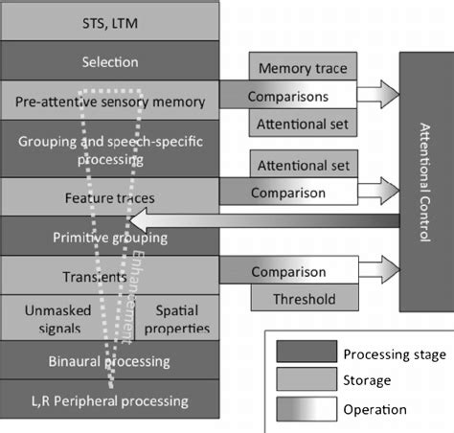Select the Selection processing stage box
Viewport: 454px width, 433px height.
pos(111,62)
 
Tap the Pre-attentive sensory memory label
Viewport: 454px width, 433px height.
pos(111,101)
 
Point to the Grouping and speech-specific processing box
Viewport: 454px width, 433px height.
pos(111,149)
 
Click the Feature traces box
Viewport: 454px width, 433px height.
pos(111,197)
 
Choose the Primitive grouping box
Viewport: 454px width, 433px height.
pos(111,236)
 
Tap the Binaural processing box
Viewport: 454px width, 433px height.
pos(111,361)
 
